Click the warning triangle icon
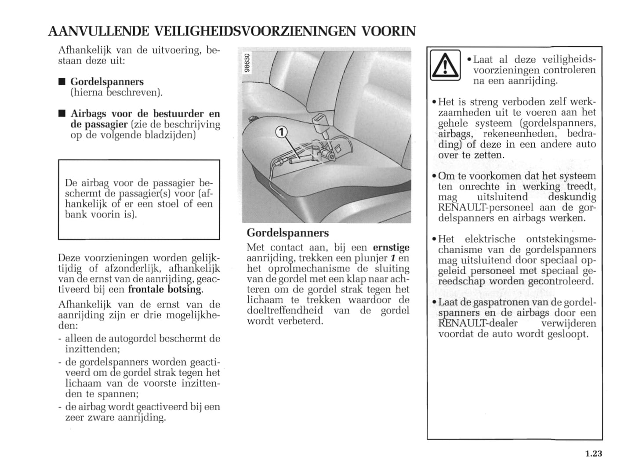pyautogui.click(x=445, y=66)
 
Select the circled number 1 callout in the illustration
pyautogui.click(x=281, y=131)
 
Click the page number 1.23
pyautogui.click(x=593, y=454)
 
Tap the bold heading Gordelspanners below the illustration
pyautogui.click(x=288, y=233)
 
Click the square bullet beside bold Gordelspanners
pyautogui.click(x=62, y=82)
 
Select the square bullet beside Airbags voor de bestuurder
pyautogui.click(x=62, y=114)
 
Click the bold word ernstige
pyautogui.click(x=391, y=247)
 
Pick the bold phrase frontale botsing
pyautogui.click(x=166, y=290)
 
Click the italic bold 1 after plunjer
pyautogui.click(x=393, y=258)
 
